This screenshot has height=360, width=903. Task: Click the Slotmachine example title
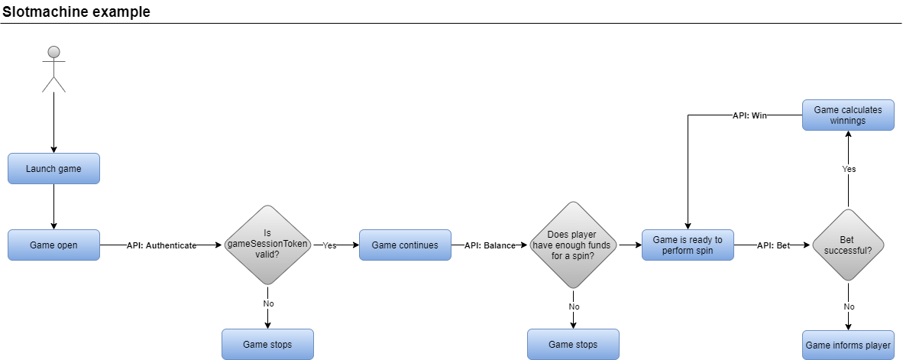[x=76, y=11]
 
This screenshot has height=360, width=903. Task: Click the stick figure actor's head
[x=53, y=52]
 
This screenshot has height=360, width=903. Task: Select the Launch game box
[x=53, y=169]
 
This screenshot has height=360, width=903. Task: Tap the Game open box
[x=53, y=245]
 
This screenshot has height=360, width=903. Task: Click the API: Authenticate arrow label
[x=161, y=245]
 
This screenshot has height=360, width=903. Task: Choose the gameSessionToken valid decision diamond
[x=267, y=245]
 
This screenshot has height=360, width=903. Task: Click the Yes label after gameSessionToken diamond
[x=329, y=245]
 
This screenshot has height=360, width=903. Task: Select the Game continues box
[x=405, y=245]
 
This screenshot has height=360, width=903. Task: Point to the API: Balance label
[x=490, y=245]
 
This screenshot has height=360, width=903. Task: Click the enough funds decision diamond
[x=573, y=245]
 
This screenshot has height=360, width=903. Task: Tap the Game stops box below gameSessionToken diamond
[x=267, y=345]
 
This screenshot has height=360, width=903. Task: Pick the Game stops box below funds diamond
[x=573, y=345]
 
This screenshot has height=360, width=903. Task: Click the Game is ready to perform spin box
[x=688, y=245]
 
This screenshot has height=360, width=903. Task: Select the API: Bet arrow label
[x=773, y=245]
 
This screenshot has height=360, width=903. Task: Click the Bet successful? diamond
[x=848, y=245]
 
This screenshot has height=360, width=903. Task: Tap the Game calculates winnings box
[x=848, y=115]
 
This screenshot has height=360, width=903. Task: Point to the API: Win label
[x=749, y=115]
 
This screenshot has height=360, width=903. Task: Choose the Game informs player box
[x=848, y=345]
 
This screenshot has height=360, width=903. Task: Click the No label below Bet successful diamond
[x=848, y=306]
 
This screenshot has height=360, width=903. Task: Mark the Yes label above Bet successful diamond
[x=848, y=168]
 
